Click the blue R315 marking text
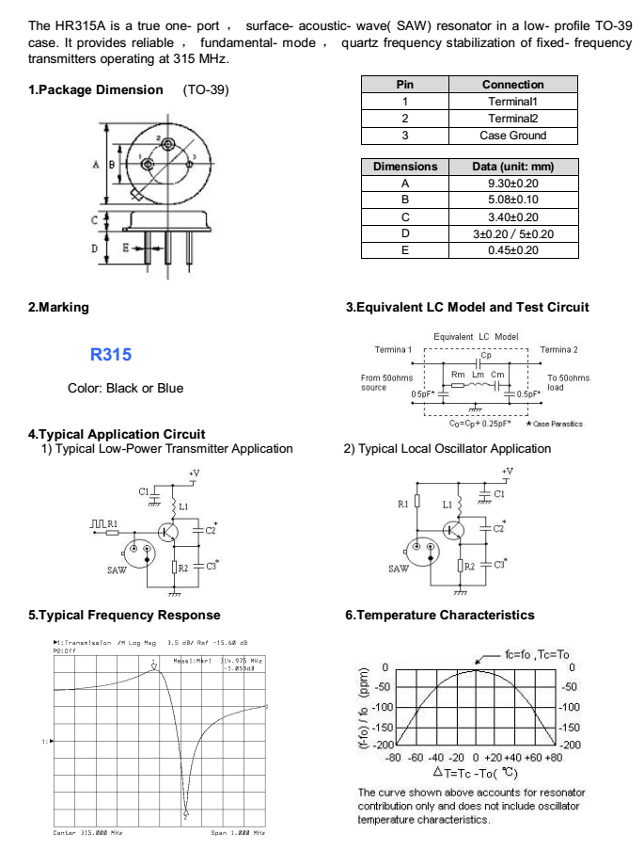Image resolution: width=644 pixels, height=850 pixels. click(x=111, y=356)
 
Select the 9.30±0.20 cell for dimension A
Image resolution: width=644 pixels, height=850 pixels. click(x=512, y=184)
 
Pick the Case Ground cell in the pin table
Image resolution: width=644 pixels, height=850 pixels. click(x=512, y=136)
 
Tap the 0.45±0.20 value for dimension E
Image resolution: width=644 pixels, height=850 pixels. click(x=512, y=250)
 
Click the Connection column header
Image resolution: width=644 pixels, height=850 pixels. click(x=512, y=85)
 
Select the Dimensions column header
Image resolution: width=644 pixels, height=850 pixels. click(x=405, y=167)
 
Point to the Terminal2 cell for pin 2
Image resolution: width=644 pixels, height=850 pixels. click(x=512, y=119)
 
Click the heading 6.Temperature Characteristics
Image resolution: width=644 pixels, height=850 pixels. click(x=440, y=615)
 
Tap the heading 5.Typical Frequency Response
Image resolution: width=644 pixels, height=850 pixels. click(x=125, y=615)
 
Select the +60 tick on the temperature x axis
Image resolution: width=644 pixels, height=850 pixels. click(x=532, y=757)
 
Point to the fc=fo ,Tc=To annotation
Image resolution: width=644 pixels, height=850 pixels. click(x=537, y=654)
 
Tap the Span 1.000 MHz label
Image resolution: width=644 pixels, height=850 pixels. click(x=238, y=833)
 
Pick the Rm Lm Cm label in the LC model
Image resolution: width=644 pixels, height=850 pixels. click(x=478, y=375)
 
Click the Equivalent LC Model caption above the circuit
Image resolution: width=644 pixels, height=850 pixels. click(x=476, y=336)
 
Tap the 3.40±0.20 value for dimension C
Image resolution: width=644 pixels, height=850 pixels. click(x=512, y=217)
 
